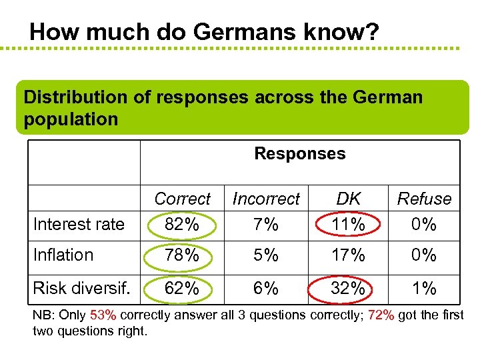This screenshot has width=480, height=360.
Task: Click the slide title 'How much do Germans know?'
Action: [205, 31]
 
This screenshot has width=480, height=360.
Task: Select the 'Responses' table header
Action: [300, 153]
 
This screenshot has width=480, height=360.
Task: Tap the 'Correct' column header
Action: [182, 199]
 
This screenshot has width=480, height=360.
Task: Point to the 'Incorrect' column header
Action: [266, 199]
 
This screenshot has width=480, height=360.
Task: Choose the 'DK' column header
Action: [348, 199]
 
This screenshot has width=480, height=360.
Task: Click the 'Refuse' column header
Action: [424, 199]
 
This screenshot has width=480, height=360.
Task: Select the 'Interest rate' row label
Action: [79, 224]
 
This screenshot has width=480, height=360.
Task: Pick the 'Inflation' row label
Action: [63, 255]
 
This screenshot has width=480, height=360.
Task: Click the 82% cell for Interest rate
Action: [182, 225]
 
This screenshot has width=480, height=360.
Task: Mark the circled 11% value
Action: [348, 225]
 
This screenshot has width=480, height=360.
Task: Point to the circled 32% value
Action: [348, 289]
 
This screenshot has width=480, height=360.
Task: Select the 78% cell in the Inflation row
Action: [182, 255]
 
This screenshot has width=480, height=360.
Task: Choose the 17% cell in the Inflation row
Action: [348, 255]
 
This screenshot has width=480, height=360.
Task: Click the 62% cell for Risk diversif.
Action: [182, 289]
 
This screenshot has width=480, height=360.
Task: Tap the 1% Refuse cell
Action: [424, 289]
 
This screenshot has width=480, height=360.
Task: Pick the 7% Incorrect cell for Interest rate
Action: [266, 225]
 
